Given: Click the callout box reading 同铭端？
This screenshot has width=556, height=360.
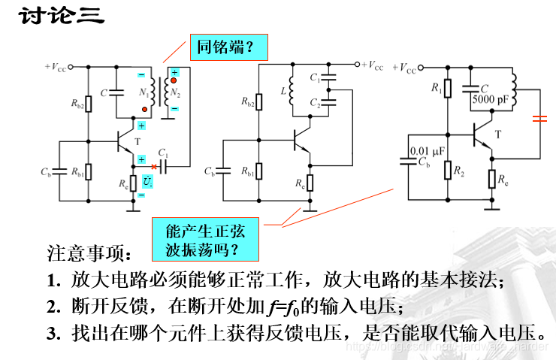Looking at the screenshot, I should point(226,48).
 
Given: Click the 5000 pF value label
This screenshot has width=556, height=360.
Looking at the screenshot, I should point(489,98).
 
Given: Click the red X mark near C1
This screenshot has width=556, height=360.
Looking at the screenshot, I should point(153,166).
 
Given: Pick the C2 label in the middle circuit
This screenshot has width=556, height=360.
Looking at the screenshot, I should point(315,105).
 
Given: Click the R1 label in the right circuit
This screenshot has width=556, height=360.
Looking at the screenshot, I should point(437,89).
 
